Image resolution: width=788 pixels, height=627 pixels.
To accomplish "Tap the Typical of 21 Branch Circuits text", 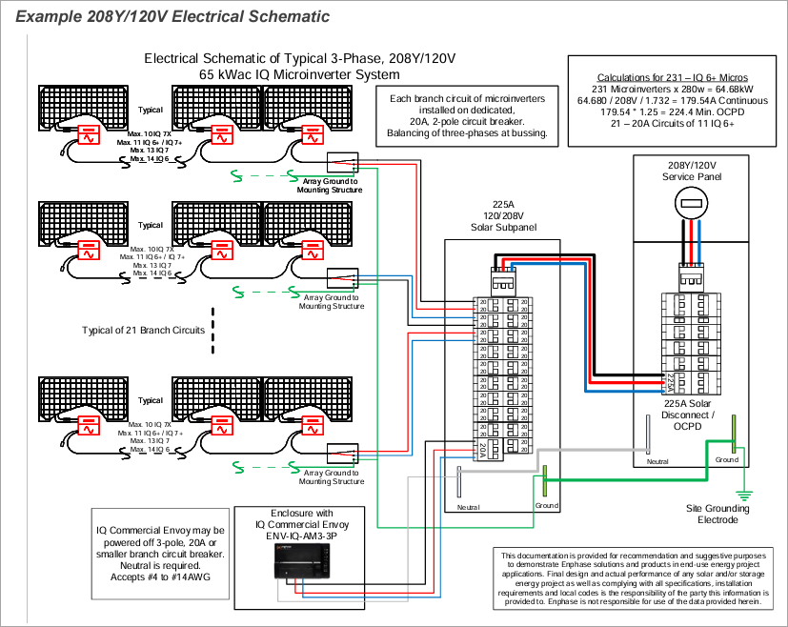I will (144, 330).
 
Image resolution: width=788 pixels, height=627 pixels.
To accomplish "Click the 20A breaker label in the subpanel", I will (482, 448).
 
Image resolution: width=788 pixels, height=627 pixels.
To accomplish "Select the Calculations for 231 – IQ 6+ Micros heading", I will (671, 77).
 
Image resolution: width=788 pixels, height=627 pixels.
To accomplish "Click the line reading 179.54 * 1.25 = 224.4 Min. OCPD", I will (671, 111).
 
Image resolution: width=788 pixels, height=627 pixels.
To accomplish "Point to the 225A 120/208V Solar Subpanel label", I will (503, 215).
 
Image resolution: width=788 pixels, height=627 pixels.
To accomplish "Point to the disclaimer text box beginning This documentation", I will (632, 578).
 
